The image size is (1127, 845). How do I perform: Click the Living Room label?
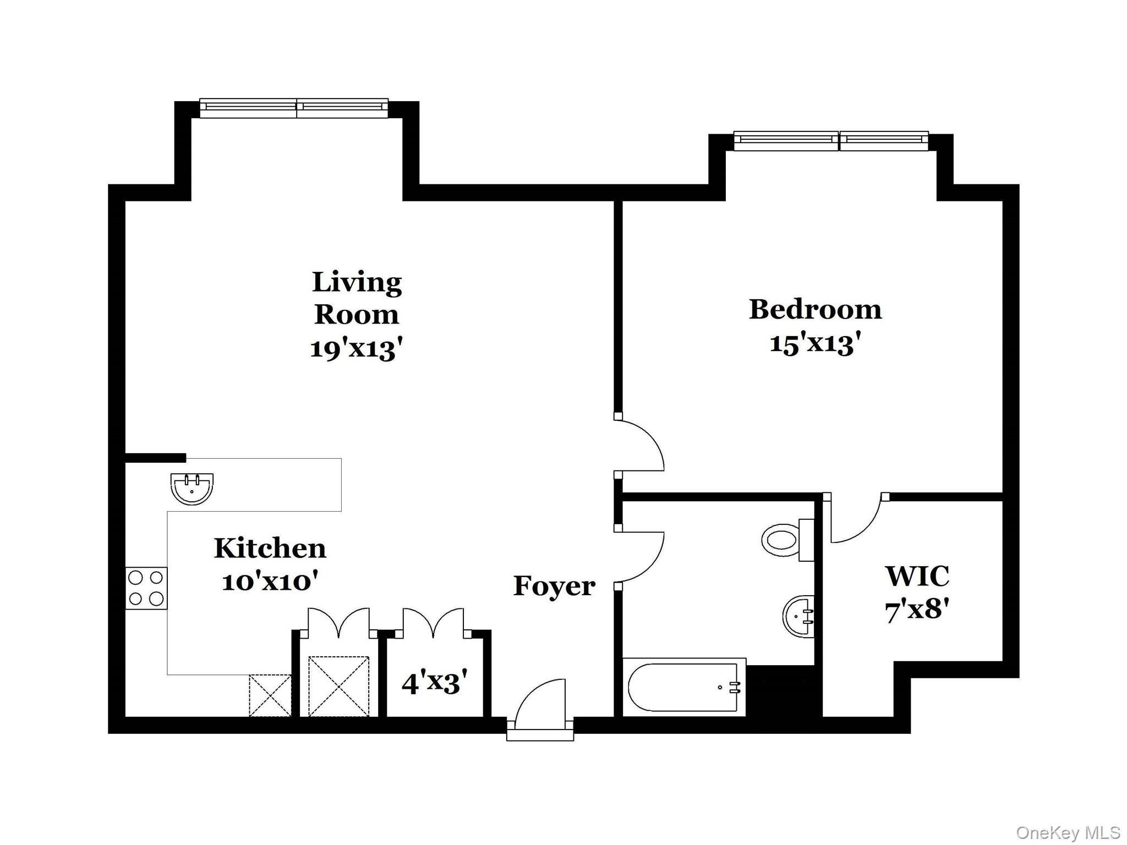click(357, 298)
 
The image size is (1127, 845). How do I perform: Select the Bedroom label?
click(815, 309)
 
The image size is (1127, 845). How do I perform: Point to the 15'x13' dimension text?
click(815, 344)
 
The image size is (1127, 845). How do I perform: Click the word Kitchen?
click(270, 548)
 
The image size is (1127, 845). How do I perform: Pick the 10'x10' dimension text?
click(270, 581)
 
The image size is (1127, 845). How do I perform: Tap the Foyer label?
click(554, 586)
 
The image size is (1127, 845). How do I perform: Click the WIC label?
click(917, 576)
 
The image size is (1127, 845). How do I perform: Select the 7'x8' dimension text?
click(917, 610)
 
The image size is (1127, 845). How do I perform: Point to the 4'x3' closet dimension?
click(435, 683)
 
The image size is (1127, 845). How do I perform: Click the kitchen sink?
click(192, 489)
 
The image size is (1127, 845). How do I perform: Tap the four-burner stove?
click(146, 588)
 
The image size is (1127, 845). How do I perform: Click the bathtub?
click(684, 687)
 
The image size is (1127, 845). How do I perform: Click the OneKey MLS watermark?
click(1068, 832)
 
